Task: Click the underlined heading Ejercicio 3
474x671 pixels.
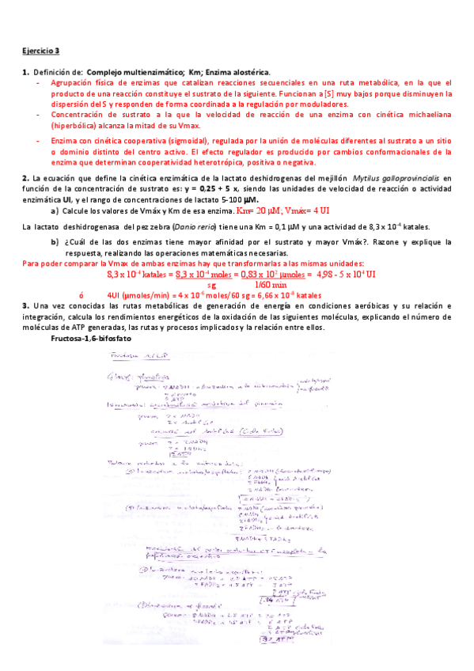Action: (40, 51)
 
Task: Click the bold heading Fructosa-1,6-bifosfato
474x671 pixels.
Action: (90, 338)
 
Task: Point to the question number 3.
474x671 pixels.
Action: (25, 305)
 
